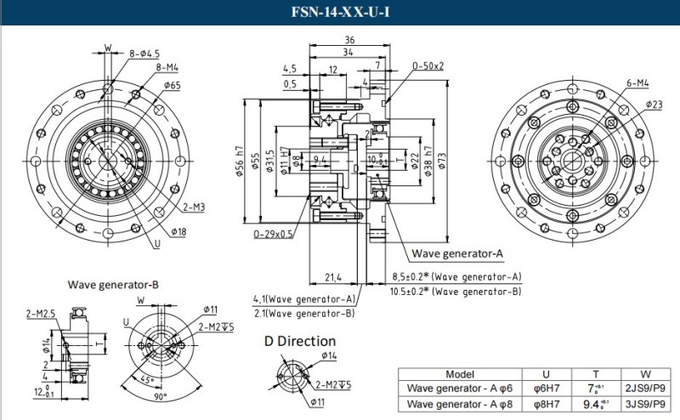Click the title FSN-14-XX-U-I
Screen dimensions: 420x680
pyautogui.click(x=340, y=13)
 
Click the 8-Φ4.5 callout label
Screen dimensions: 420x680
pyautogui.click(x=145, y=54)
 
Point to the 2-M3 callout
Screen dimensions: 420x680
pyautogui.click(x=193, y=207)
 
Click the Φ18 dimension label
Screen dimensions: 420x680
pyautogui.click(x=179, y=231)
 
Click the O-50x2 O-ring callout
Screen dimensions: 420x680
pyautogui.click(x=428, y=65)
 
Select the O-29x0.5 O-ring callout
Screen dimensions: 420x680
pyautogui.click(x=273, y=234)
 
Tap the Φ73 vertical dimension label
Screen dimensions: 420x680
pyautogui.click(x=440, y=162)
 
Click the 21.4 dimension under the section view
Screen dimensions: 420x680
pyautogui.click(x=334, y=277)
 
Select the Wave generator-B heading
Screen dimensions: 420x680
pyautogui.click(x=113, y=283)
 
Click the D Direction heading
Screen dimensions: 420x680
pyautogui.click(x=299, y=341)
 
